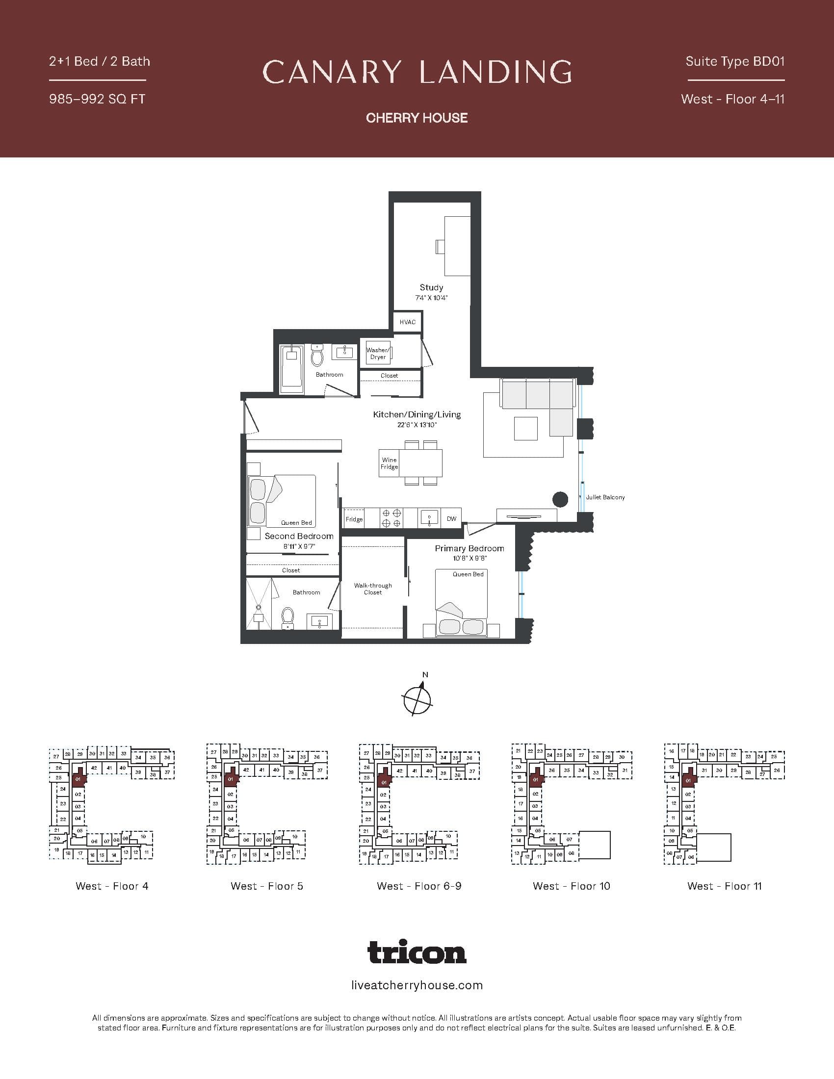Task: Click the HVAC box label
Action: tap(408, 322)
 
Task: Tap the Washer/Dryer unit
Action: tap(377, 353)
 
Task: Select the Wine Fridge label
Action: tap(390, 463)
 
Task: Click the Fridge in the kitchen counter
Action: tap(354, 519)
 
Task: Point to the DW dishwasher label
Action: tap(451, 519)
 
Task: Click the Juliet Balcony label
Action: tap(605, 497)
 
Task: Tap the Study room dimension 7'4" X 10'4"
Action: tap(431, 298)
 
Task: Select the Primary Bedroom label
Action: tap(469, 548)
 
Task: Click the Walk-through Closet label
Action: tap(373, 589)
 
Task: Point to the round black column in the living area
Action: tap(560, 499)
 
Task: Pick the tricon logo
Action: tap(417, 952)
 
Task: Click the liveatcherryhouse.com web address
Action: tap(417, 985)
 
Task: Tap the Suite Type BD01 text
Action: tap(735, 62)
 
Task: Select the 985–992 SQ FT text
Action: tap(97, 99)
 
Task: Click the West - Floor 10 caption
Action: tap(571, 886)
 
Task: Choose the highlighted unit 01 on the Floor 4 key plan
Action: tap(78, 780)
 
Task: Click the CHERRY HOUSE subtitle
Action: tap(417, 118)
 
